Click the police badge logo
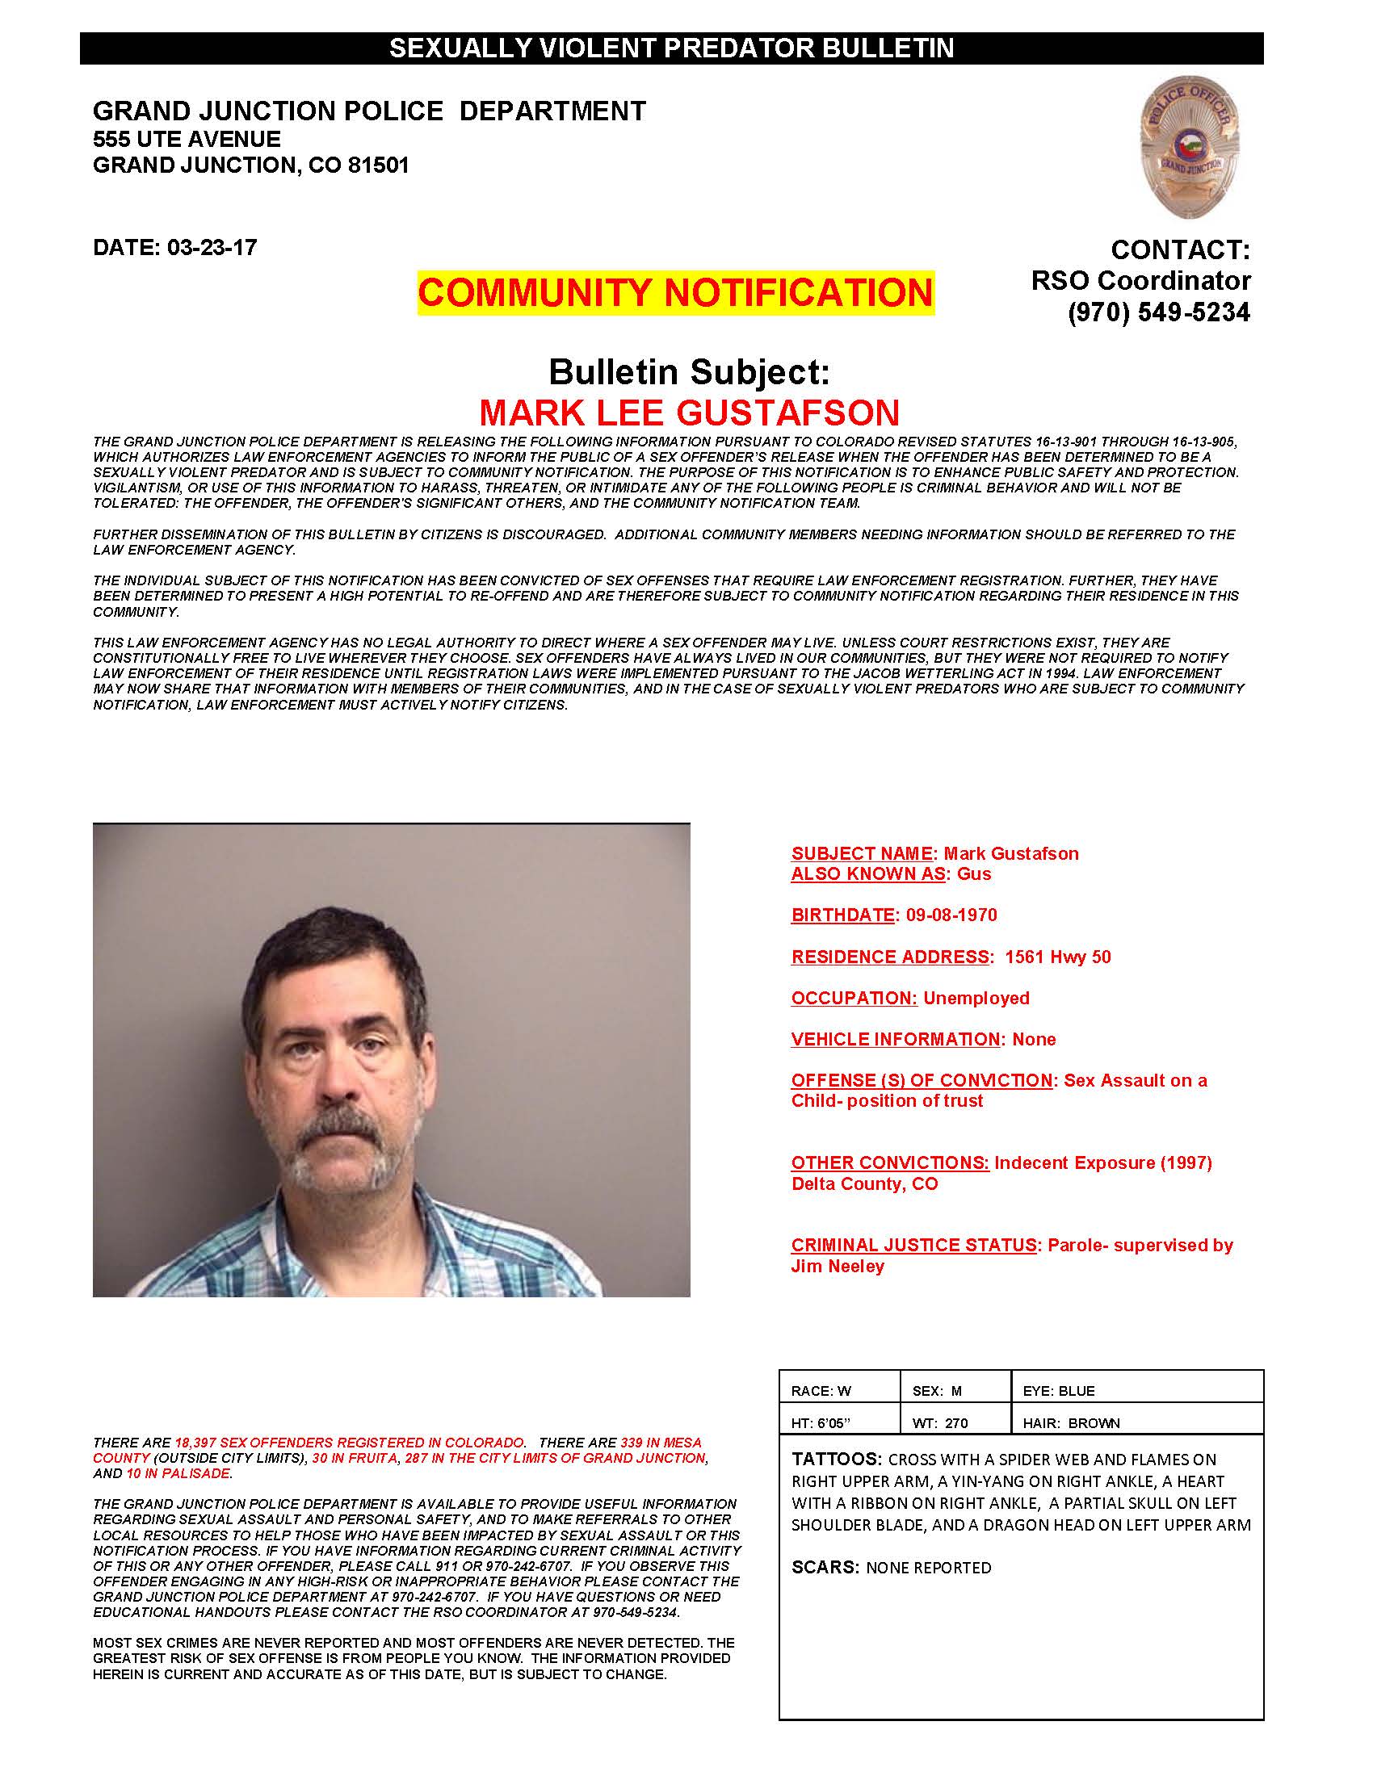[x=1189, y=147]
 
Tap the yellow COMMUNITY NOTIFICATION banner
[x=675, y=293]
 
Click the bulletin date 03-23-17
[x=212, y=247]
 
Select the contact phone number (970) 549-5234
[x=1158, y=312]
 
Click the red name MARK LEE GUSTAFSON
[x=689, y=413]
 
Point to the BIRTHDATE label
[x=842, y=915]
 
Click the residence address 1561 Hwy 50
[x=1057, y=957]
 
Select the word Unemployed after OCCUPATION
[x=976, y=998]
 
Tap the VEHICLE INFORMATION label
[x=896, y=1039]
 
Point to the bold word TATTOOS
[x=836, y=1459]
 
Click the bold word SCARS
[x=825, y=1568]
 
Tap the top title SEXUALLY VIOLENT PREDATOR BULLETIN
[x=671, y=48]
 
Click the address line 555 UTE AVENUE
[x=187, y=139]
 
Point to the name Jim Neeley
[x=838, y=1266]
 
